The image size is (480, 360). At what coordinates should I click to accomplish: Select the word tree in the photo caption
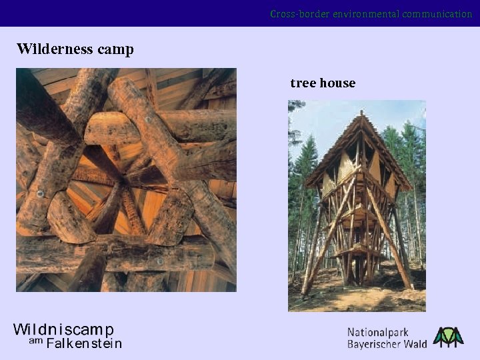303,83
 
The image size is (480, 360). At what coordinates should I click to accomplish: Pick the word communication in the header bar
437,13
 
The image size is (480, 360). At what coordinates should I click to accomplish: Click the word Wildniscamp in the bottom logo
64,330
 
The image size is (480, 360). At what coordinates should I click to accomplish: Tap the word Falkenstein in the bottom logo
84,344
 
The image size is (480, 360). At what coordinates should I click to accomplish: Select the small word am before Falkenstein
35,341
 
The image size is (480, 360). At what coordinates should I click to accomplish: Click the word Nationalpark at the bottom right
378,332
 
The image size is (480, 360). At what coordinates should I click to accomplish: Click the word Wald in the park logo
415,345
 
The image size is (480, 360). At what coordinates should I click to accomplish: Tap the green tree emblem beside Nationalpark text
448,337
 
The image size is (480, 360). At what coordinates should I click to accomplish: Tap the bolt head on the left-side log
40,194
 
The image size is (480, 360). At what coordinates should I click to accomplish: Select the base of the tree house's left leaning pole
305,293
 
